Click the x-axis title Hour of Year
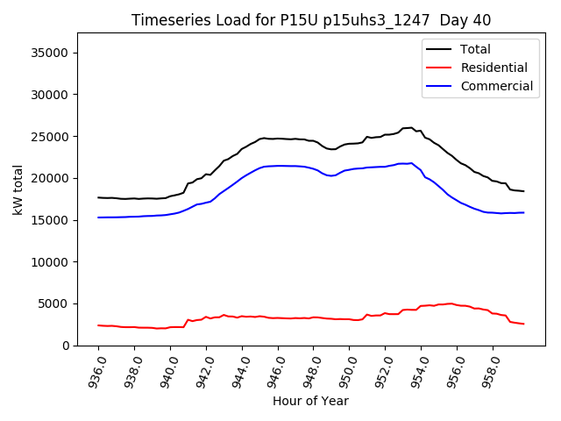click(x=310, y=401)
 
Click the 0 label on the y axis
click(x=66, y=346)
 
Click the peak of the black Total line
click(x=410, y=127)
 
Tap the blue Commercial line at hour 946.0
click(x=278, y=166)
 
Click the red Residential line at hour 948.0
click(x=314, y=317)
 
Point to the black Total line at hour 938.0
click(x=134, y=199)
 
